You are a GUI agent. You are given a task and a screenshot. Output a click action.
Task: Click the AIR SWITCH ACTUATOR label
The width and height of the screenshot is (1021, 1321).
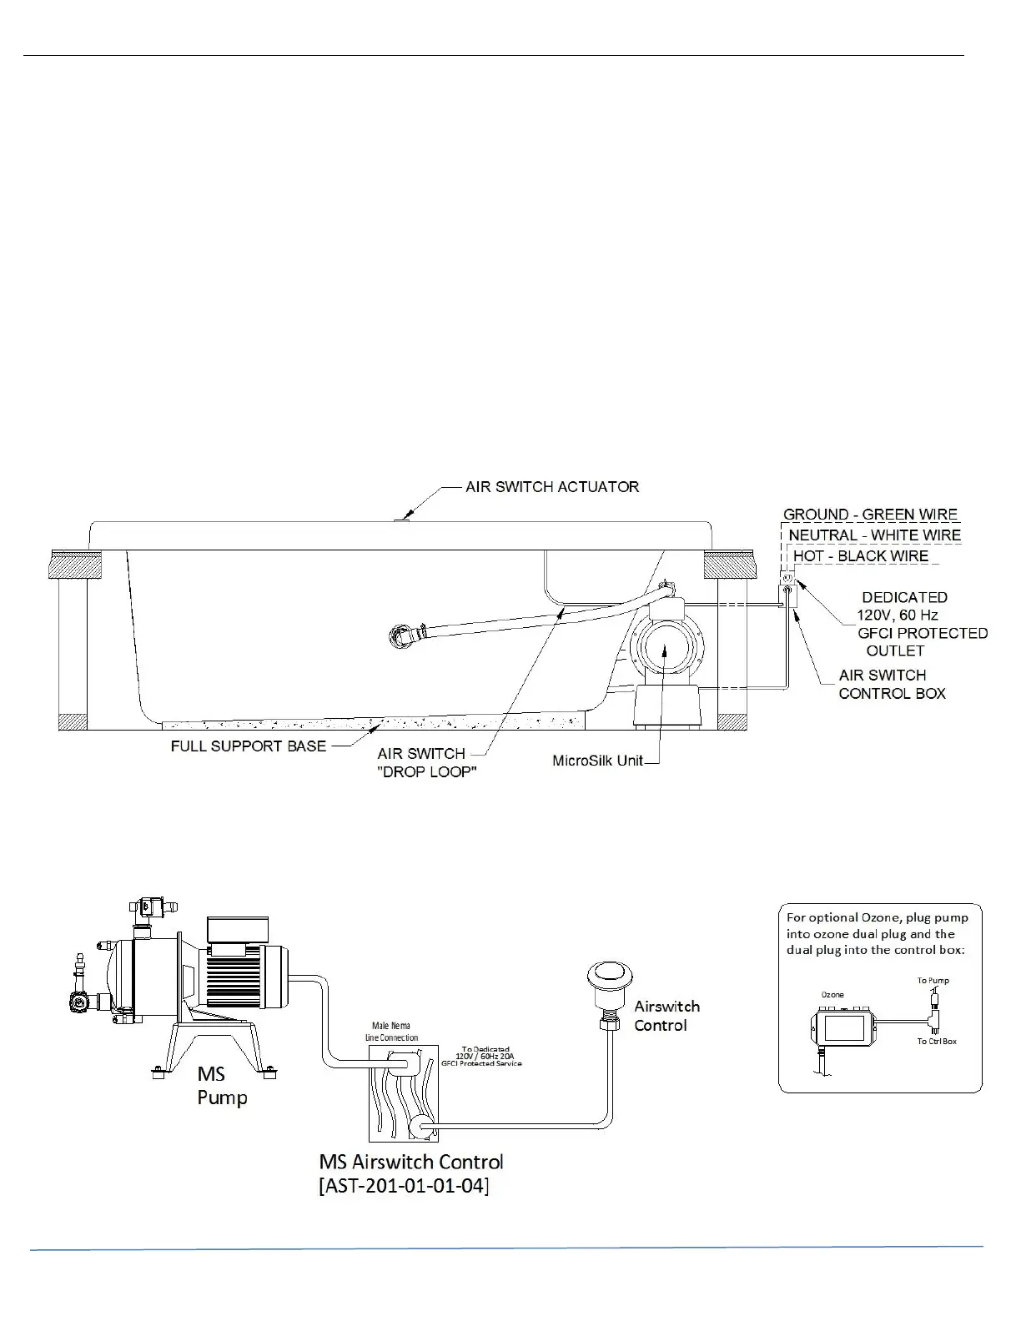[552, 486]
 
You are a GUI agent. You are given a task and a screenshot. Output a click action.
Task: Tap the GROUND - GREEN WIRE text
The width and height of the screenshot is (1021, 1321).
[870, 515]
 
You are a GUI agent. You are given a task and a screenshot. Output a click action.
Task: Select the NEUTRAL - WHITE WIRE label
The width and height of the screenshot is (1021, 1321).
[874, 535]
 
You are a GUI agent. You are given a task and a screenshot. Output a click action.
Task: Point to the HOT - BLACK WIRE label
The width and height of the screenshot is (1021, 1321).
[860, 556]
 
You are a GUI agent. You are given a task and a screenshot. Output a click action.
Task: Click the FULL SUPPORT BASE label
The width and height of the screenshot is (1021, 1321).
[248, 746]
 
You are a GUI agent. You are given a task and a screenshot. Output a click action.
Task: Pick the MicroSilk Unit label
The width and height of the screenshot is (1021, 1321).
[597, 761]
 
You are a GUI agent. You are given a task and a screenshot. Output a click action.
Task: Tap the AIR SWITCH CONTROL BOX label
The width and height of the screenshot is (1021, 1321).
[892, 684]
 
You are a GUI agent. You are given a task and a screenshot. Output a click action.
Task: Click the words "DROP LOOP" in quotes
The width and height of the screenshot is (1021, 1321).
[427, 772]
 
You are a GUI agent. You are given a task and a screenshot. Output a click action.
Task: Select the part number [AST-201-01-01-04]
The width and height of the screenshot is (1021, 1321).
[404, 1185]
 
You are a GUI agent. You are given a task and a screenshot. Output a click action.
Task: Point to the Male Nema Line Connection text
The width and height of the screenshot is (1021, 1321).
[391, 1032]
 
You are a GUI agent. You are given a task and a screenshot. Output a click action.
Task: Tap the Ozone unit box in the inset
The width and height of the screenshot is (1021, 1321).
[844, 1027]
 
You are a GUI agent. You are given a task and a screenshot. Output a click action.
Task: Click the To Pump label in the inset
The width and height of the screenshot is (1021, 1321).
[933, 980]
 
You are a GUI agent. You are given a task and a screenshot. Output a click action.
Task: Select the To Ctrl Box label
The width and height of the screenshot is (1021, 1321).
[937, 1042]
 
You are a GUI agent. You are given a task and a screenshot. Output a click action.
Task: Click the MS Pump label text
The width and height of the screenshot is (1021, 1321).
[222, 1085]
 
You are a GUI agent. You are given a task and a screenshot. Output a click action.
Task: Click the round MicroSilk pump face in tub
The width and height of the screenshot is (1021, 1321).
[666, 647]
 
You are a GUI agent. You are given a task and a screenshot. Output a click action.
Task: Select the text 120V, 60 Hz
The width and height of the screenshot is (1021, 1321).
[897, 615]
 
